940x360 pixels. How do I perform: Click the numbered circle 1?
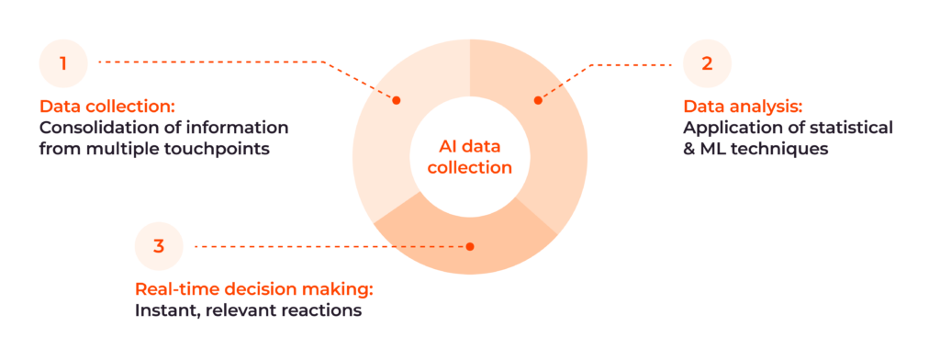63,63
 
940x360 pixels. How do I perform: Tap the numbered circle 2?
707,63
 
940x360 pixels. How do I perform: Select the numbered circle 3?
159,245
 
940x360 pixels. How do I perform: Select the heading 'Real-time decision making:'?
254,288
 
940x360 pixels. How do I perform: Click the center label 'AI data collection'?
469,158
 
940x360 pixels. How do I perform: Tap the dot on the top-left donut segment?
397,100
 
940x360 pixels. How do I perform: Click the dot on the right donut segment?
538,100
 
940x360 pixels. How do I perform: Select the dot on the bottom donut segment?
469,246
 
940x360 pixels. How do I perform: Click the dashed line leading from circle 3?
330,246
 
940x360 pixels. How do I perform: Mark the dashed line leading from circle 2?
633,64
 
